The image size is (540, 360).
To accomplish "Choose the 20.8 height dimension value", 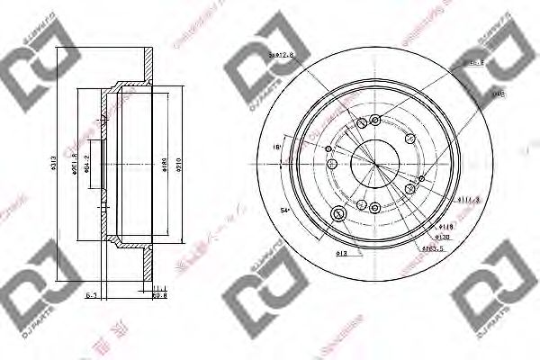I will tap(159, 293).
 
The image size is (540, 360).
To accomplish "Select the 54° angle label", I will tap(284, 209).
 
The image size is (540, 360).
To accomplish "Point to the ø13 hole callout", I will tap(317, 254).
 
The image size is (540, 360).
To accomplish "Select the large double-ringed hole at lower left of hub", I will tap(339, 213).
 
